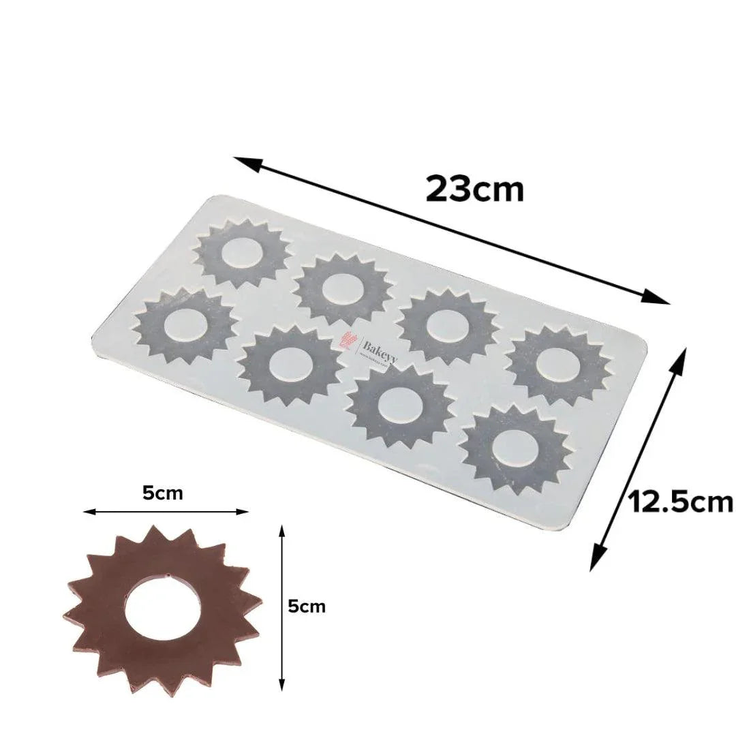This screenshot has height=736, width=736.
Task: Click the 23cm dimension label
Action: tap(475, 189)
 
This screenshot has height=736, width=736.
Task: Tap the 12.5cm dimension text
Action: tap(680, 502)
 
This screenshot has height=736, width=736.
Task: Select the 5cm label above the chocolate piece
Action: tap(163, 493)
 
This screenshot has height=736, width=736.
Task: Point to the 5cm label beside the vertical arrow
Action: tap(307, 606)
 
